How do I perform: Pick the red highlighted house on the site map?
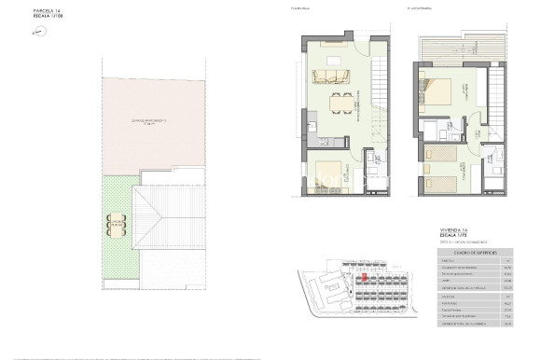tap(366, 277)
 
